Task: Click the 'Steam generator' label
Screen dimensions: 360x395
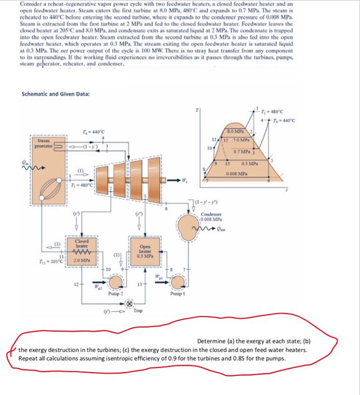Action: [40, 143]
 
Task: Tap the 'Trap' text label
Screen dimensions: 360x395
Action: [138, 310]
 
